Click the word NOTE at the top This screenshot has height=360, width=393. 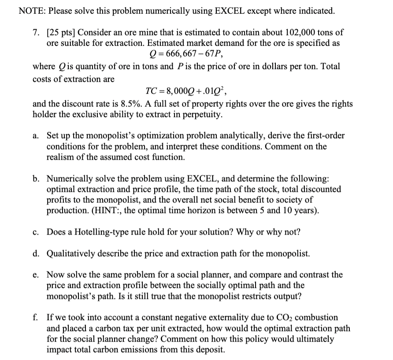tap(31, 11)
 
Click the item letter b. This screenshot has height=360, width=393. tap(37, 179)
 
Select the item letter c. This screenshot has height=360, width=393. tap(37, 232)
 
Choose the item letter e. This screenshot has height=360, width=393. tap(37, 275)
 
